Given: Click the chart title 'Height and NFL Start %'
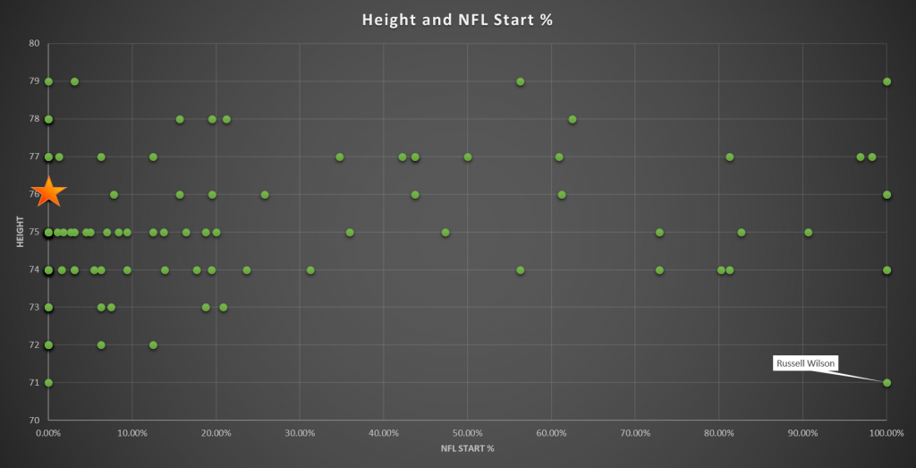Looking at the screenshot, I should tap(457, 19).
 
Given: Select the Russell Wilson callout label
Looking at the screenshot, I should tap(804, 363).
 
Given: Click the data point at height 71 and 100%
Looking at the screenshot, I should tap(886, 382).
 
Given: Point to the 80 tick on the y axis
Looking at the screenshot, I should tap(34, 43).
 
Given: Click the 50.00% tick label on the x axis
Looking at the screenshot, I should tap(467, 433).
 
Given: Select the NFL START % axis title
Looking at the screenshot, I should tap(467, 449).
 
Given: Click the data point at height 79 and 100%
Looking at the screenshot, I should tap(886, 81).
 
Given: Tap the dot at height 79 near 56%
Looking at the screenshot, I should tap(521, 81).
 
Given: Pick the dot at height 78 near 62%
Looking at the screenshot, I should tap(572, 119).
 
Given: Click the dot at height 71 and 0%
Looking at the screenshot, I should tap(48, 382).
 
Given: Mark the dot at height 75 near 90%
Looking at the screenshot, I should tap(808, 232).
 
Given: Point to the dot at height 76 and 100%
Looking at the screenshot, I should tap(886, 194).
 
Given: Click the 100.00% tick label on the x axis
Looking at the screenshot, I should tap(886, 433).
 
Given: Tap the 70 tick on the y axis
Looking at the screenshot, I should tap(34, 420).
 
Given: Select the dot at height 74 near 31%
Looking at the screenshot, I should tap(310, 269).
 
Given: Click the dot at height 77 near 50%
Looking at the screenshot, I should tap(468, 157).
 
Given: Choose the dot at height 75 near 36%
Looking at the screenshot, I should tap(350, 232).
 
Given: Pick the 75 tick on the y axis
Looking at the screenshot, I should tap(34, 232).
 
